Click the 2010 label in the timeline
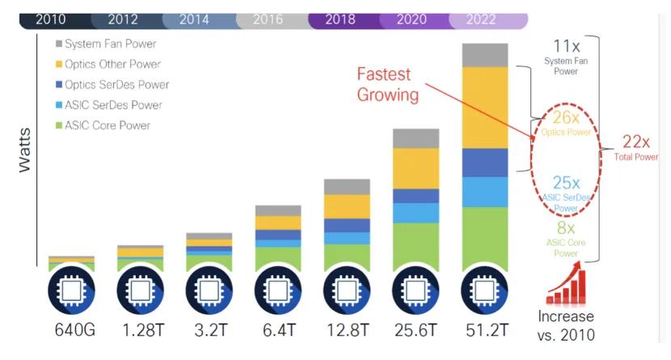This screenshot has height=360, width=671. click(x=50, y=19)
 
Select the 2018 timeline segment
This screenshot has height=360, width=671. click(x=340, y=19)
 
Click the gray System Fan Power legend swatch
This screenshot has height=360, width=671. click(x=59, y=44)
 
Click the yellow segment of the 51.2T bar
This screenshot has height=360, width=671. click(x=485, y=108)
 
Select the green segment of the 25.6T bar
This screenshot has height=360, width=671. click(x=416, y=246)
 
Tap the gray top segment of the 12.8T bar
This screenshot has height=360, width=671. click(x=347, y=187)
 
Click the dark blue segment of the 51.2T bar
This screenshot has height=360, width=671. click(x=485, y=163)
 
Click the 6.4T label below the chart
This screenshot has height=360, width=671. click(x=278, y=330)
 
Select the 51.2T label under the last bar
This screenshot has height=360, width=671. click(x=485, y=330)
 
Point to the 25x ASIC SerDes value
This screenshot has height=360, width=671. click(x=566, y=184)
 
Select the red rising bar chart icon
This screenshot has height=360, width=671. click(x=566, y=286)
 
